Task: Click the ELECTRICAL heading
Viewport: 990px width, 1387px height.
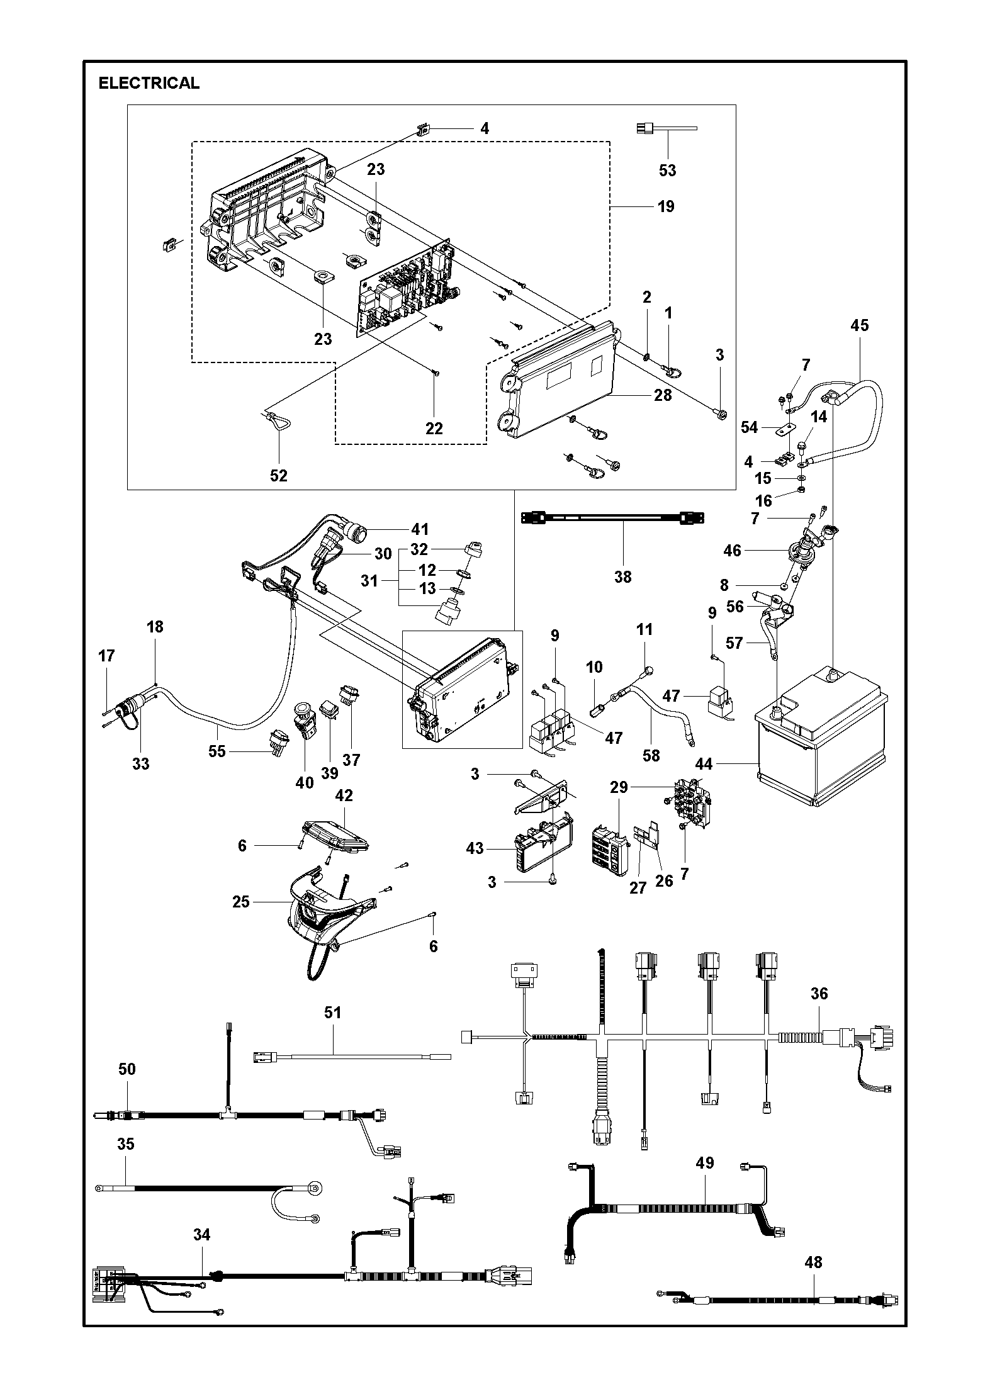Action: pyautogui.click(x=149, y=83)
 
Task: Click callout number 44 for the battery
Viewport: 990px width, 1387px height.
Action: pyautogui.click(x=704, y=764)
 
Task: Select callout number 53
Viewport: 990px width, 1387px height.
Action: pyautogui.click(x=667, y=170)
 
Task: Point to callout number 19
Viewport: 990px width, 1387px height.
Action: pyautogui.click(x=666, y=206)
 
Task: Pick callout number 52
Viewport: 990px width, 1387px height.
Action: pyautogui.click(x=279, y=476)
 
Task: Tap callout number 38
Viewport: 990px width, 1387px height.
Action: pyautogui.click(x=622, y=576)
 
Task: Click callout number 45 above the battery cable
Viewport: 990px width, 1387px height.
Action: pyautogui.click(x=859, y=325)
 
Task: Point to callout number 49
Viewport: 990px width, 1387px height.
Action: pyautogui.click(x=705, y=1162)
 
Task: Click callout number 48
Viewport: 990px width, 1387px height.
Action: pyautogui.click(x=813, y=1279)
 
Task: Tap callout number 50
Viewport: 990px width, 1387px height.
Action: pyautogui.click(x=127, y=1069)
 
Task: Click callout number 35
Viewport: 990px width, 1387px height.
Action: pyautogui.click(x=126, y=1143)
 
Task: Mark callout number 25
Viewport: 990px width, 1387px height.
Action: pyautogui.click(x=241, y=902)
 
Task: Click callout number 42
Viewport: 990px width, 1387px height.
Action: pyautogui.click(x=344, y=795)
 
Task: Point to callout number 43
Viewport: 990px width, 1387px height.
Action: pyautogui.click(x=475, y=848)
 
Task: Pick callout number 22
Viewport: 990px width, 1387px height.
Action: pyautogui.click(x=434, y=429)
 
